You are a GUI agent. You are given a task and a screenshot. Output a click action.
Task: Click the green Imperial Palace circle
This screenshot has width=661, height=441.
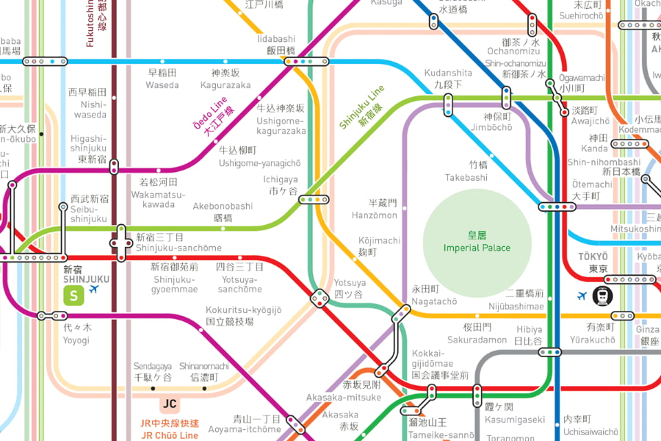coord(477,243)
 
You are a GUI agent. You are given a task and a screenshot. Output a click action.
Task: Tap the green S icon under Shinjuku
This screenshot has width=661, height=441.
coord(73,295)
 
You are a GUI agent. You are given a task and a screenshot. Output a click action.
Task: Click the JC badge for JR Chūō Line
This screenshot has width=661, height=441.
coord(170,404)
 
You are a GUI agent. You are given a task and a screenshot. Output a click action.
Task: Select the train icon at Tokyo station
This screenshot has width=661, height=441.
coord(603,295)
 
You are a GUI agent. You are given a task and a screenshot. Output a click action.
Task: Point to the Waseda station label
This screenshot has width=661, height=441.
coord(162,79)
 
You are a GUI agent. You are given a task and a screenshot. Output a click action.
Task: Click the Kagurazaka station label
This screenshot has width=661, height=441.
coord(225,79)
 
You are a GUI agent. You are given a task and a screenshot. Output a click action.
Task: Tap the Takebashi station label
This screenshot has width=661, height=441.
coord(466,172)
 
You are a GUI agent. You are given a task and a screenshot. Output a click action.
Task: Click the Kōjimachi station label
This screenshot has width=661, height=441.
coord(379,246)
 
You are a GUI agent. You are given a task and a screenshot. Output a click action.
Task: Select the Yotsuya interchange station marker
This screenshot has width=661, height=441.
coord(319,298)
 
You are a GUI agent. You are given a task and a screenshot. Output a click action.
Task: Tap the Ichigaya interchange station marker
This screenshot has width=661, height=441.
coord(314,199)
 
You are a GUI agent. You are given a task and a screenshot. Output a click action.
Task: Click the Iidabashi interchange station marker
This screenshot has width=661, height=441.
coord(306,62)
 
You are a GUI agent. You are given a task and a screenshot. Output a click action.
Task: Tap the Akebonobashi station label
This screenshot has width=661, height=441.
coord(223,212)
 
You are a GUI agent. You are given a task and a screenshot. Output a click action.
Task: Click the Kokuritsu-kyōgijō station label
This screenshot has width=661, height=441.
coord(243,316)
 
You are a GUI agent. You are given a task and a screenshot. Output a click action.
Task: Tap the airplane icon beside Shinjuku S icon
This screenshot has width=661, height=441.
coord(94,290)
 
